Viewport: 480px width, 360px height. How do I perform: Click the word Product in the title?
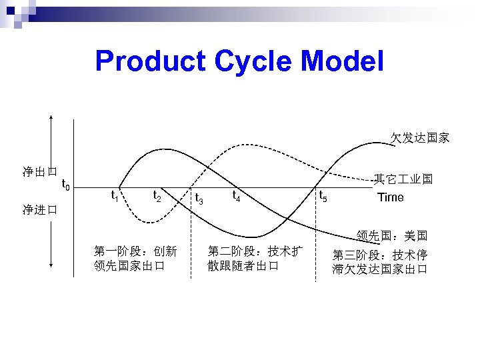pos(151,62)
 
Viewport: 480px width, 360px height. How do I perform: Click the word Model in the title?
pos(343,62)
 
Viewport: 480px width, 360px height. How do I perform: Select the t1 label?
pos(114,196)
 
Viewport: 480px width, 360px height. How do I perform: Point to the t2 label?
pos(157,196)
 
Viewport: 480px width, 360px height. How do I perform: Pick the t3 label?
pos(199,198)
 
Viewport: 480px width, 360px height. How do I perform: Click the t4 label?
pos(235,195)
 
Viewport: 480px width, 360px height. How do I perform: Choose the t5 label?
pos(322,196)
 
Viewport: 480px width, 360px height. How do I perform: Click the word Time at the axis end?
pos(391,197)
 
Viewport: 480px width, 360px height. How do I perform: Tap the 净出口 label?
pos(39,172)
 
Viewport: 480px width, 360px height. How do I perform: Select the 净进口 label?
pos(39,209)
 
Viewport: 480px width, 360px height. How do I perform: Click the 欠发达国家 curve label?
pos(420,139)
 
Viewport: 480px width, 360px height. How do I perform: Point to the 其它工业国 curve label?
pos(403,179)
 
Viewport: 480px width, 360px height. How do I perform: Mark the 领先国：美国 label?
pos(392,236)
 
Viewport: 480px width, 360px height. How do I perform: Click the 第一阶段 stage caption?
pos(135,259)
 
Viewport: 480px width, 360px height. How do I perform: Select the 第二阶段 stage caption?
pos(255,259)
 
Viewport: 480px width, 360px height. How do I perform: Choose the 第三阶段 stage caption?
pos(380,262)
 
